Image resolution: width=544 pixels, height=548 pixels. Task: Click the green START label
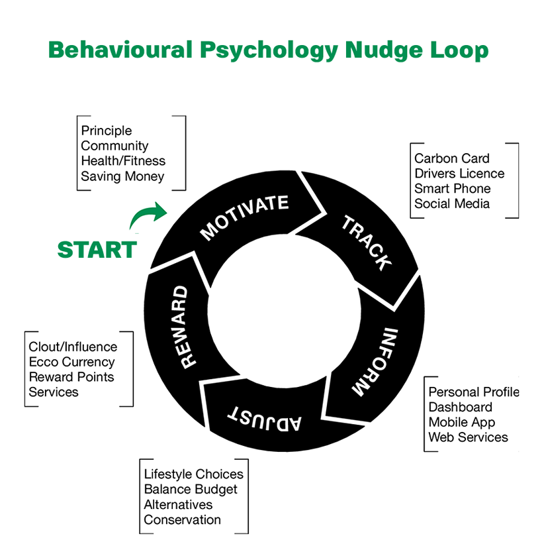coord(97,250)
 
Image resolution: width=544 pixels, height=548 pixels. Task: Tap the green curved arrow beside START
coord(148,217)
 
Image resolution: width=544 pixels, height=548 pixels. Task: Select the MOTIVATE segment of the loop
coord(244,216)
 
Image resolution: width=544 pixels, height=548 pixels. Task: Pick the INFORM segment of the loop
coord(374,361)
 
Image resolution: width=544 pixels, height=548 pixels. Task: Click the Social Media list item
coord(452,203)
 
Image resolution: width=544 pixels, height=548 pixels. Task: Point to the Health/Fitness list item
coord(123,161)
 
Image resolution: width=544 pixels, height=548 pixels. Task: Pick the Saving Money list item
coord(122,176)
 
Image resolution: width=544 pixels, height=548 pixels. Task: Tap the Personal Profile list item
coord(473,392)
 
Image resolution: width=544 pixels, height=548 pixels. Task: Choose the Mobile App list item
coord(461,422)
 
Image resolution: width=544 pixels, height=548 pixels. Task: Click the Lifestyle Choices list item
coord(193,474)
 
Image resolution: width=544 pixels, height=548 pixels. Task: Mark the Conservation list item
coord(182,520)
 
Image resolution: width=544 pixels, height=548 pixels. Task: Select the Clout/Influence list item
coord(73,347)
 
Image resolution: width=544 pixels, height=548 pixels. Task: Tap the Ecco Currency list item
coord(71,362)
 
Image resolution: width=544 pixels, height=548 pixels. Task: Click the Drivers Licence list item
coord(459,174)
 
